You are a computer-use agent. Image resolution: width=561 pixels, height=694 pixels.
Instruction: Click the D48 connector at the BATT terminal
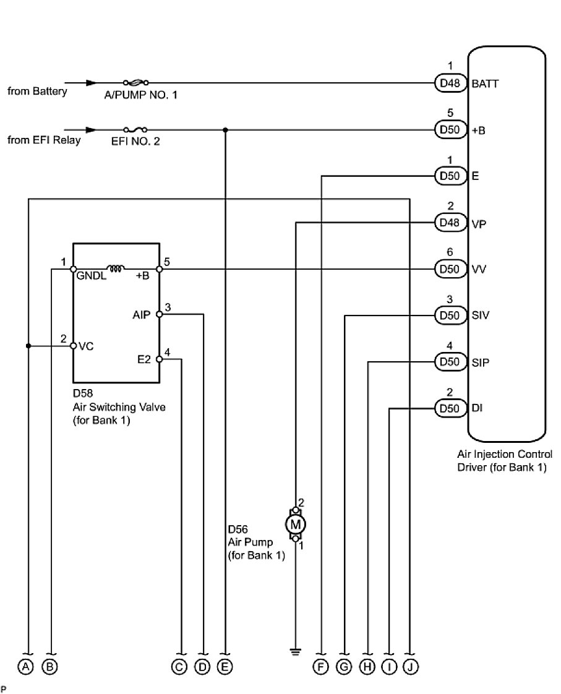449,83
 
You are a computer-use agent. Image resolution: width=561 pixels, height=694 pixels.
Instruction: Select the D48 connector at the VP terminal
449,223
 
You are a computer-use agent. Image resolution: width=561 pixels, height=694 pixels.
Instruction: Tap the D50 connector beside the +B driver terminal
449,130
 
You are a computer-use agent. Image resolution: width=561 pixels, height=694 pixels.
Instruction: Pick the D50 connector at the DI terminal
449,408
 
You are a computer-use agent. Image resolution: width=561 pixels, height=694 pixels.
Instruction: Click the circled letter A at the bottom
26,666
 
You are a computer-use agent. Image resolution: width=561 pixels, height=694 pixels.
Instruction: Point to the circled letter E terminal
225,666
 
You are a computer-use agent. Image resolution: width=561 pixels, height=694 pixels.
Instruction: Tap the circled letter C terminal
181,666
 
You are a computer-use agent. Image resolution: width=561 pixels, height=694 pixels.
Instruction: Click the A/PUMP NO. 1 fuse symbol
135,82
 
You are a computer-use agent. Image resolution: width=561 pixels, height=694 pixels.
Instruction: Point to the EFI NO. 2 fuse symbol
135,130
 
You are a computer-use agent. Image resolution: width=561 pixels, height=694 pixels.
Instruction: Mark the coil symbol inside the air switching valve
115,269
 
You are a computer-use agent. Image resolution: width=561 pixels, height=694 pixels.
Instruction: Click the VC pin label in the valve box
86,346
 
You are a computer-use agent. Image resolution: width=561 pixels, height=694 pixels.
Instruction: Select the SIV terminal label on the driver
481,315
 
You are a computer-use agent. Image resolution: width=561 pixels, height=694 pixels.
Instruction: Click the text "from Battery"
37,92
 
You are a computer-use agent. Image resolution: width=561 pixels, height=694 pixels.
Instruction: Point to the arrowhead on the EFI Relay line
91,130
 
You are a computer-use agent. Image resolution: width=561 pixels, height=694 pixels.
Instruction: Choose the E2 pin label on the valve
145,359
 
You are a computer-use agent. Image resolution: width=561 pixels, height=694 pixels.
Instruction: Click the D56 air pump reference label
238,529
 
